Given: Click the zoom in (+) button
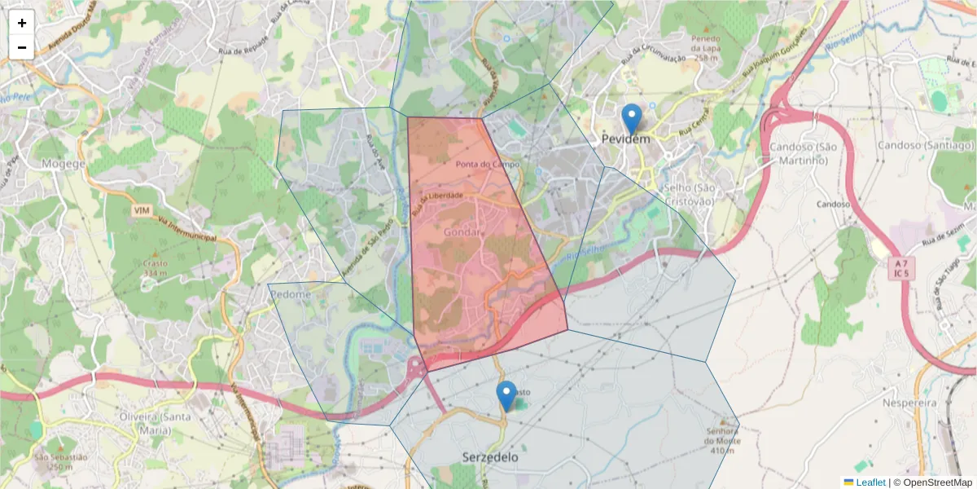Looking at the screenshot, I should pos(22,23).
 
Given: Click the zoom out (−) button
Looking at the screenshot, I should pos(22,46).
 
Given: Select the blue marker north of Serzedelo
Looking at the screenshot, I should pos(506,396).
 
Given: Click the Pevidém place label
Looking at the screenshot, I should pos(626,139).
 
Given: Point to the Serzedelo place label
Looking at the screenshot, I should pos(489,457).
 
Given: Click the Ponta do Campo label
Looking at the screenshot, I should pos(488,165).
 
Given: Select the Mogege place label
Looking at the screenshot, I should pos(64,163).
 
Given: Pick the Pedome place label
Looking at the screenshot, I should pos(291,294).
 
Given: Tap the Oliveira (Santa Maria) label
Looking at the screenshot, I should pos(132,423).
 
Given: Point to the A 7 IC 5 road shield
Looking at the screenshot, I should pos(900,268).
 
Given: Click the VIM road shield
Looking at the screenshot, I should pos(141,210).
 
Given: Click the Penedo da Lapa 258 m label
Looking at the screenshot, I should pos(706,48).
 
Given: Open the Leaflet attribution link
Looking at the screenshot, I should pos(870,482).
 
